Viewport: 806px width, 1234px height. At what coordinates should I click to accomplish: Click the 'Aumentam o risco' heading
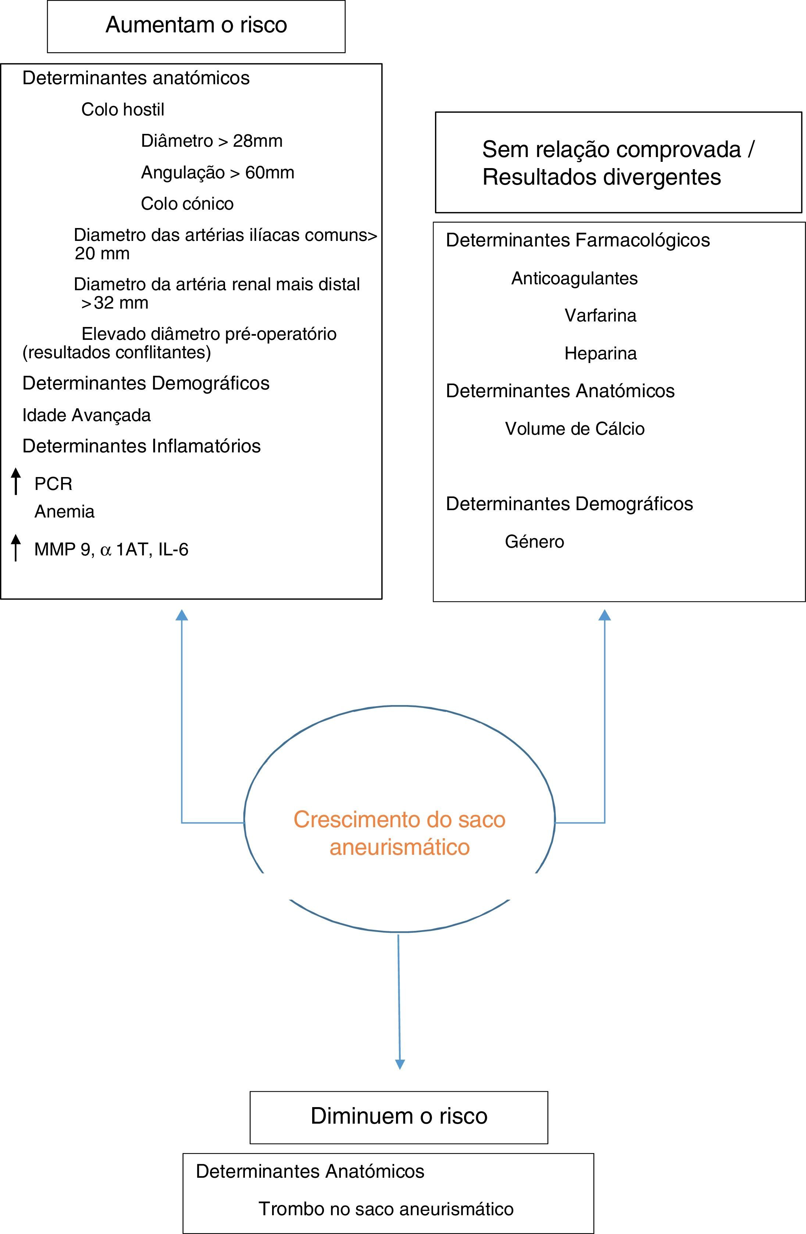(196, 25)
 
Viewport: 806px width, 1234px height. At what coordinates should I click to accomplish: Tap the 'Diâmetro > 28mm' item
(211, 141)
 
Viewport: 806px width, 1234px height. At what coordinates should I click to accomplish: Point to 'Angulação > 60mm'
(217, 172)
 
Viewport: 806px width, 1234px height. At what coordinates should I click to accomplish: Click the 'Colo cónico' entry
(187, 204)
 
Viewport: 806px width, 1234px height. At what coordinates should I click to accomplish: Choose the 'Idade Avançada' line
(86, 415)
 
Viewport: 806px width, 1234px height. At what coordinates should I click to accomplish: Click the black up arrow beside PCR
(16, 481)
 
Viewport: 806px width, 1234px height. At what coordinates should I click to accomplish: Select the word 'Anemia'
(64, 512)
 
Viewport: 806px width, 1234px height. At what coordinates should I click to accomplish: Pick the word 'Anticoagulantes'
(574, 278)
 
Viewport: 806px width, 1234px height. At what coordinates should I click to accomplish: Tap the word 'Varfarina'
(600, 315)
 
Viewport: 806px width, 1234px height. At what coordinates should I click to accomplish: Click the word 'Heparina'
(600, 353)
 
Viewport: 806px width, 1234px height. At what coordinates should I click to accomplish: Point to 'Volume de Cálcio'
(575, 429)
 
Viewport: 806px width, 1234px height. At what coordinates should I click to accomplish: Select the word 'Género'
(534, 542)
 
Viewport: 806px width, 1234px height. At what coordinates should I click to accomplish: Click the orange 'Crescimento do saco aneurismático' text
(399, 833)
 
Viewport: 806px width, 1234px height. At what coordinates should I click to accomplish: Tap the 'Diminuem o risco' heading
(399, 1116)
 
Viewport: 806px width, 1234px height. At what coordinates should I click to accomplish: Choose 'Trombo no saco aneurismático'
(386, 1209)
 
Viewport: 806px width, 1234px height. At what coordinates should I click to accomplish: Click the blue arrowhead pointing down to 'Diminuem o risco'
(400, 1064)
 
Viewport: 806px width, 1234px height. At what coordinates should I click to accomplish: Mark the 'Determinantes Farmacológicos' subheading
(577, 240)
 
